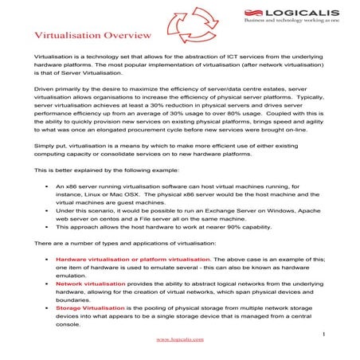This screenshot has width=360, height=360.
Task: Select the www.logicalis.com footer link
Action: (x=179, y=338)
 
